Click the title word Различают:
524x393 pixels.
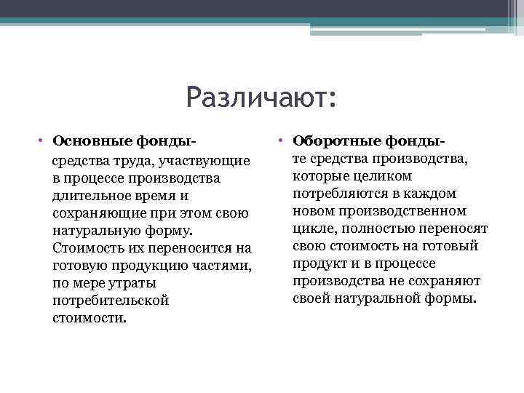(261, 97)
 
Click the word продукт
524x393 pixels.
(319, 263)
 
